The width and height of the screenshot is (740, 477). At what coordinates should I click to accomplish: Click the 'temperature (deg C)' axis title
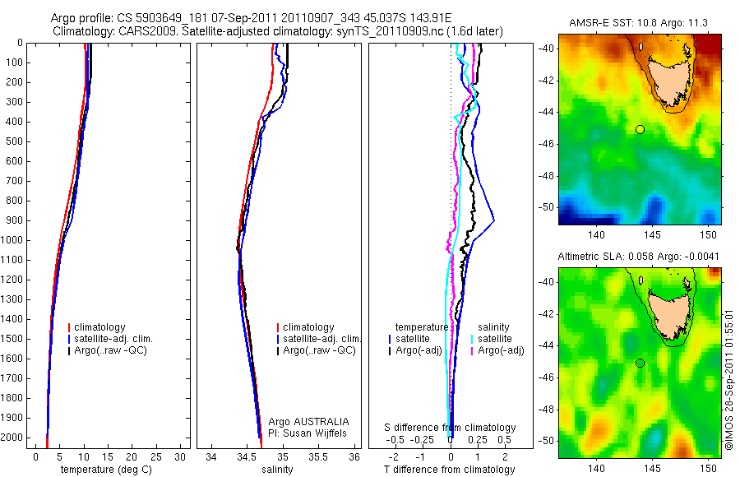tap(104, 470)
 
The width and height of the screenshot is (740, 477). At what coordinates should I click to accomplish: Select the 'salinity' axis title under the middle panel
tap(275, 470)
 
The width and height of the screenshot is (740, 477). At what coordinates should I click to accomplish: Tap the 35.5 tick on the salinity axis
tap(319, 456)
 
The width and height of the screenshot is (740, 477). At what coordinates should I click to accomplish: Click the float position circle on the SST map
tap(640, 129)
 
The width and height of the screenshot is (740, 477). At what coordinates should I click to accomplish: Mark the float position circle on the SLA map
tap(640, 363)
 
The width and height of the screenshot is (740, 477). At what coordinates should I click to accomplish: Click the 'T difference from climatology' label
tap(451, 470)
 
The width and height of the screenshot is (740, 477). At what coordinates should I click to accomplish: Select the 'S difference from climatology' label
tap(451, 428)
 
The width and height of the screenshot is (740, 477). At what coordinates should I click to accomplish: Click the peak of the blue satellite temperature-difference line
tap(494, 220)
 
